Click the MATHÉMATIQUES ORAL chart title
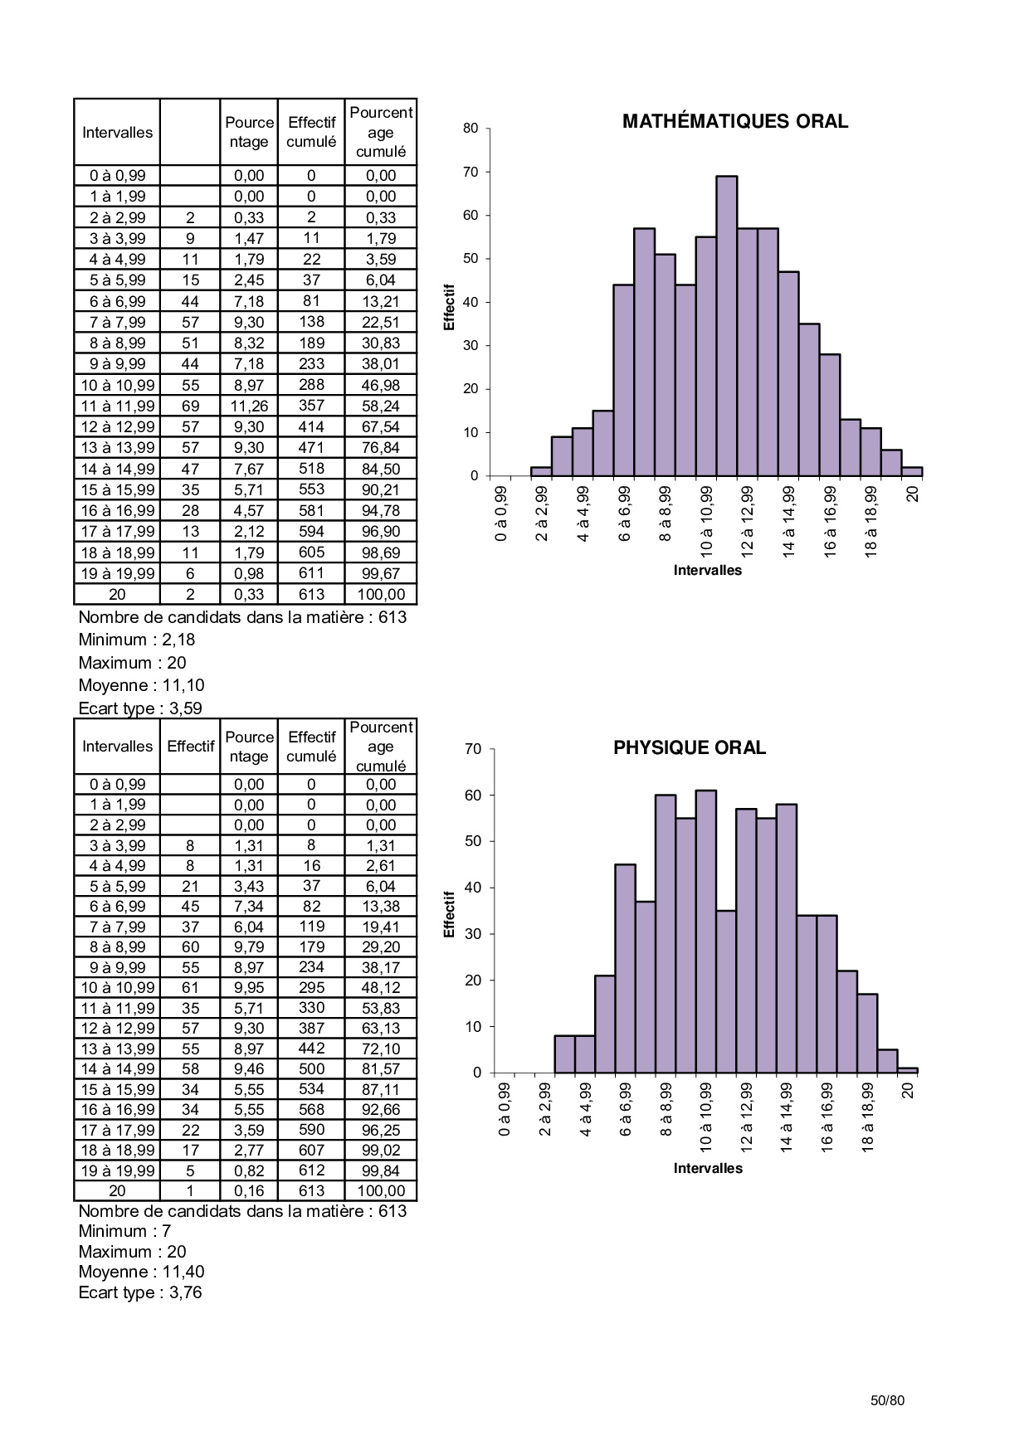pyautogui.click(x=734, y=122)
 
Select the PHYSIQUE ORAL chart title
pyautogui.click(x=689, y=748)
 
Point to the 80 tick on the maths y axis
pyautogui.click(x=471, y=129)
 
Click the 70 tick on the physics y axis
pyautogui.click(x=473, y=749)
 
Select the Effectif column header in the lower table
pyautogui.click(x=190, y=747)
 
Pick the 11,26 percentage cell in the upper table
pyautogui.click(x=249, y=406)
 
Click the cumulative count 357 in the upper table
pyautogui.click(x=311, y=406)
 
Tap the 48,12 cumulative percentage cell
pyautogui.click(x=381, y=988)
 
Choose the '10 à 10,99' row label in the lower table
pyautogui.click(x=117, y=988)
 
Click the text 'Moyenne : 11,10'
pyautogui.click(x=141, y=686)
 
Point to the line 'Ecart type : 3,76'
pyautogui.click(x=140, y=1292)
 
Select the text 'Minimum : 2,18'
pyautogui.click(x=136, y=640)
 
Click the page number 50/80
pyautogui.click(x=887, y=1400)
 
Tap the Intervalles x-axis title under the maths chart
pyautogui.click(x=707, y=571)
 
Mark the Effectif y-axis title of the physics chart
pyautogui.click(x=450, y=914)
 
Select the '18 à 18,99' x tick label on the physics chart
pyautogui.click(x=867, y=1115)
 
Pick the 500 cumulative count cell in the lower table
pyautogui.click(x=311, y=1069)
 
